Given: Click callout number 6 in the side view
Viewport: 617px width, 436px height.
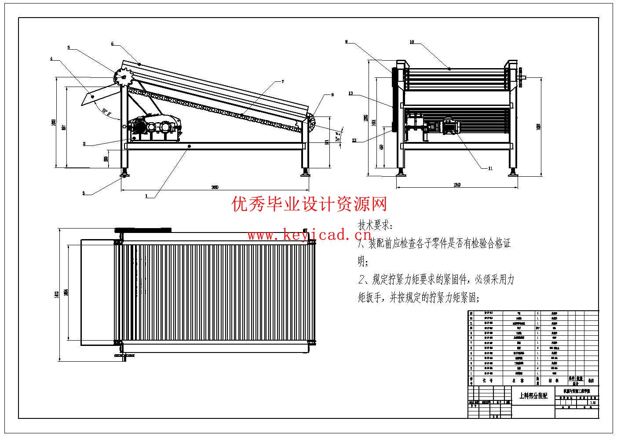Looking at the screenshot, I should tap(112, 44).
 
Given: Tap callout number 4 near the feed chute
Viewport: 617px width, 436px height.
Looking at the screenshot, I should tap(51, 58).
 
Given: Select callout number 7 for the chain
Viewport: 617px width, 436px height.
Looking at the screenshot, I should tap(283, 81).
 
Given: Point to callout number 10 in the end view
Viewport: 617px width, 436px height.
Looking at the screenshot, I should tap(412, 42).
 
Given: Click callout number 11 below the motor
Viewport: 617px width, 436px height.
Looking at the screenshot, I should tap(490, 168).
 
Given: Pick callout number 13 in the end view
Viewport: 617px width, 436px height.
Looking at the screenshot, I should tap(350, 93).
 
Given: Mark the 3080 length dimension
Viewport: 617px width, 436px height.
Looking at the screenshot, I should tap(215, 187).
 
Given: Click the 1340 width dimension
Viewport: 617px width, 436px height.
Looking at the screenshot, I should tap(457, 185).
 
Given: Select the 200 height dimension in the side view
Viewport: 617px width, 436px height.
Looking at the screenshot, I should tap(106, 159).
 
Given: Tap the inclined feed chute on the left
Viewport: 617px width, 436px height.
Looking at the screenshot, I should tap(99, 94).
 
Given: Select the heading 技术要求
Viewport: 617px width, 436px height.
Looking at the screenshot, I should tap(374, 226).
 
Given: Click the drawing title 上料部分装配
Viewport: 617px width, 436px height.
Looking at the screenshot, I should tap(533, 396).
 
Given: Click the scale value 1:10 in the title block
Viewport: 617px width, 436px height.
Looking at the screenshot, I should tap(593, 402).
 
